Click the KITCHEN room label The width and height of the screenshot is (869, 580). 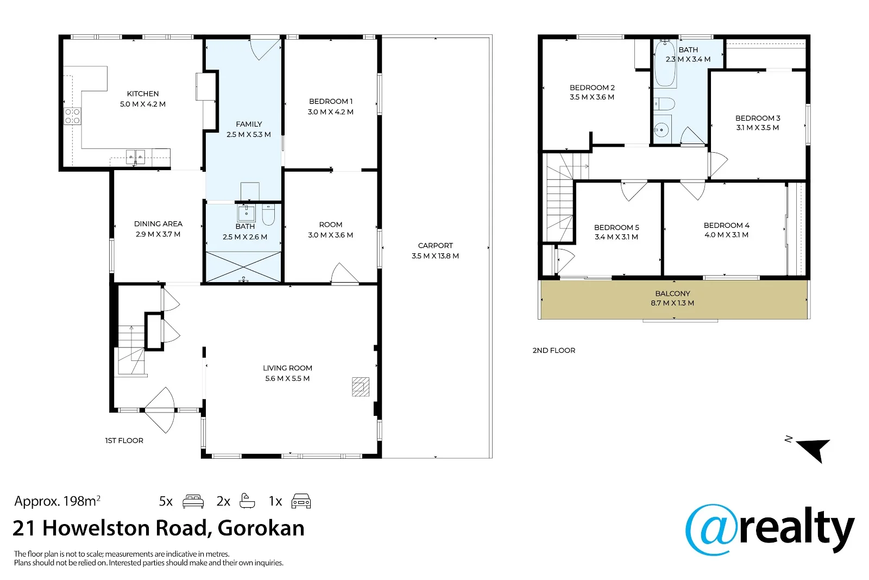[x=143, y=93]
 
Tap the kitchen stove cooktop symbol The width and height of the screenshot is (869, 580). [x=73, y=116]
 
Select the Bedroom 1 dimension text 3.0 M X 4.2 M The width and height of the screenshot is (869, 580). [x=331, y=112]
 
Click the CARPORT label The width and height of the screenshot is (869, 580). [x=435, y=245]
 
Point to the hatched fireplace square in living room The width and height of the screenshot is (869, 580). [x=361, y=386]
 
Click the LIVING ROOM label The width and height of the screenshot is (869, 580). [x=287, y=367]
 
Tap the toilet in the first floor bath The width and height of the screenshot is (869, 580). [x=268, y=215]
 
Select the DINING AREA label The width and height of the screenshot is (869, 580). [x=158, y=223]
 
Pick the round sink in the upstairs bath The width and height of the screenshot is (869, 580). [x=662, y=129]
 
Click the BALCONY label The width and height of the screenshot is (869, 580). [x=673, y=294]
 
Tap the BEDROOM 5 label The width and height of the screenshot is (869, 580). [x=616, y=228]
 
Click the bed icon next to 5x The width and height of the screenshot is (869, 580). [x=193, y=501]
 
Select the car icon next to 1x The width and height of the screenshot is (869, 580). [x=301, y=501]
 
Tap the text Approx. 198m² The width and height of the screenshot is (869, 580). [x=58, y=501]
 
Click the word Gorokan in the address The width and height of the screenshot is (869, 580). [x=261, y=528]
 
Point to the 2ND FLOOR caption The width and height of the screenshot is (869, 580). [x=553, y=350]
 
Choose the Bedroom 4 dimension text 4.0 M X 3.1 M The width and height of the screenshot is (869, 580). [x=726, y=234]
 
